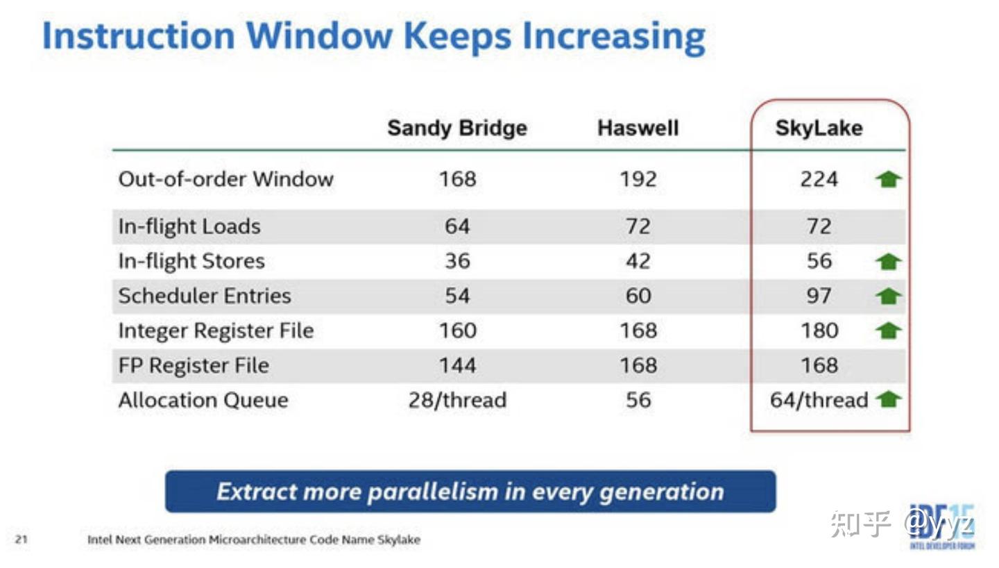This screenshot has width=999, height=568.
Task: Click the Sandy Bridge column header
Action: (456, 128)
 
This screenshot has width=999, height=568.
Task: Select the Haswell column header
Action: (638, 128)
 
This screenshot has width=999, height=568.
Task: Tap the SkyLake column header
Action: (819, 128)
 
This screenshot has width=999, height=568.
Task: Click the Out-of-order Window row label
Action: (225, 179)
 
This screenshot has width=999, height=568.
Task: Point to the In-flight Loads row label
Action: (189, 227)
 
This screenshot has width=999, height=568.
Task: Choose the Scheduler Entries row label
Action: (204, 296)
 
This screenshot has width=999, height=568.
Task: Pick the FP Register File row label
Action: (194, 365)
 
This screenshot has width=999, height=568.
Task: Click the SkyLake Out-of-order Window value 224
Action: (819, 179)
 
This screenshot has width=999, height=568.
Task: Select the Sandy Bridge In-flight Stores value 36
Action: (457, 262)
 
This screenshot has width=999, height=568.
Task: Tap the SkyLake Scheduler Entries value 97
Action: (819, 296)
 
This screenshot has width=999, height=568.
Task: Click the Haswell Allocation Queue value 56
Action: (638, 401)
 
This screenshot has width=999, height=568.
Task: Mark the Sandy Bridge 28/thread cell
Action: (457, 401)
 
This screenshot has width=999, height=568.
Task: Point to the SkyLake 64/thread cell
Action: (819, 401)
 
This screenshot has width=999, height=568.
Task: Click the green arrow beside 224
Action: (888, 179)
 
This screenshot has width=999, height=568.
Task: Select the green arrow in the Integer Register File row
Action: (888, 331)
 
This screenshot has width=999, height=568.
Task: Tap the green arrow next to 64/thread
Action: (888, 399)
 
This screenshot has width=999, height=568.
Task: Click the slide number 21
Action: (22, 540)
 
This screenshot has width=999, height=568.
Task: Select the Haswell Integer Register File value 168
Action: (638, 331)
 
